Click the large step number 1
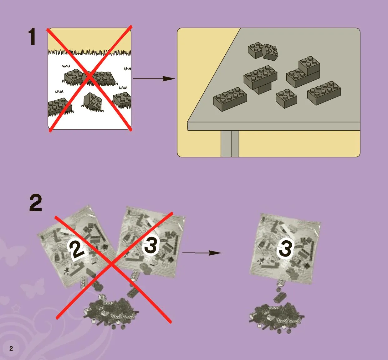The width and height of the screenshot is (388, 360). point(32,37)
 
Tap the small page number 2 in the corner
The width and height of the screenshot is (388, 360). point(11,348)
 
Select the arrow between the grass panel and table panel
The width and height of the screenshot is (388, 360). point(154,79)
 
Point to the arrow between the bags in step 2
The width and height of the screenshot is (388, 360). point(202,253)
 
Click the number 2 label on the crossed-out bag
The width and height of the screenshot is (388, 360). point(76,250)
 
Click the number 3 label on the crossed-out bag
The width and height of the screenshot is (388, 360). point(151,245)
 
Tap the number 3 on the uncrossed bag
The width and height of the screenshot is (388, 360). point(285,248)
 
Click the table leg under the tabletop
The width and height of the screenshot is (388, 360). point(230,143)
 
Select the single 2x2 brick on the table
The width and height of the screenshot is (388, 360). point(286,98)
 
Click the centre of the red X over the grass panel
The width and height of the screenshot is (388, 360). point(89,77)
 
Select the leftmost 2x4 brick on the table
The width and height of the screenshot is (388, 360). point(230,99)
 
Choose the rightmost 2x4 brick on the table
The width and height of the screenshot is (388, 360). point(324,93)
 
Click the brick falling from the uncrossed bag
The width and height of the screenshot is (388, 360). point(280,297)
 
